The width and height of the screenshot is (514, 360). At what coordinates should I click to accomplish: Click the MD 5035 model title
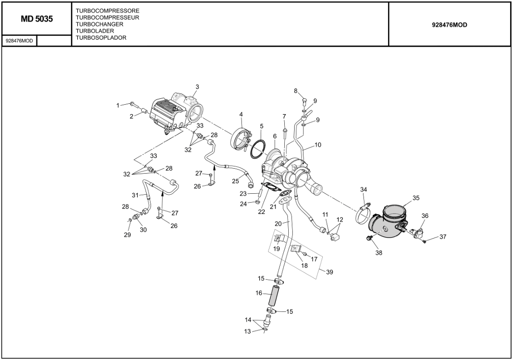(x=37, y=19)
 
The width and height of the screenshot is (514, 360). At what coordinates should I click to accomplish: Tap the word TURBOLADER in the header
(x=95, y=31)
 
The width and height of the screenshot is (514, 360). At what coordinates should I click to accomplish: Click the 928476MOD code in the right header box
(x=450, y=25)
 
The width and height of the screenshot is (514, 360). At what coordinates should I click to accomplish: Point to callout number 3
(x=197, y=87)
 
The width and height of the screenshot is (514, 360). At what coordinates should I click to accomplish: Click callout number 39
(x=329, y=272)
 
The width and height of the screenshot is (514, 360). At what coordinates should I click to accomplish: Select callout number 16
(x=258, y=293)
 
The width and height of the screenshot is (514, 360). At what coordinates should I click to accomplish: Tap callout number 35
(x=416, y=198)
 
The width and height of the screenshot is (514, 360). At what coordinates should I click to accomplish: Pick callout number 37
(x=443, y=237)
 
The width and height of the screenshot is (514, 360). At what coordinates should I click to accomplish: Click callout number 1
(x=118, y=105)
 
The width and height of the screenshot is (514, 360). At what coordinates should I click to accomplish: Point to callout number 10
(x=318, y=145)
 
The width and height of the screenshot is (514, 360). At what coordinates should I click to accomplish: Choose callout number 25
(x=235, y=181)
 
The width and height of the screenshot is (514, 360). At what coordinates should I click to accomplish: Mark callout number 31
(x=135, y=195)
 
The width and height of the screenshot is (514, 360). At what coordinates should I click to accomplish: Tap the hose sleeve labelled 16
(x=273, y=295)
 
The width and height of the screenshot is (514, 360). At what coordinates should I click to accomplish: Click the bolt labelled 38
(x=369, y=239)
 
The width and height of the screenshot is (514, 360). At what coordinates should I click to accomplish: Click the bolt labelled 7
(x=285, y=133)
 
